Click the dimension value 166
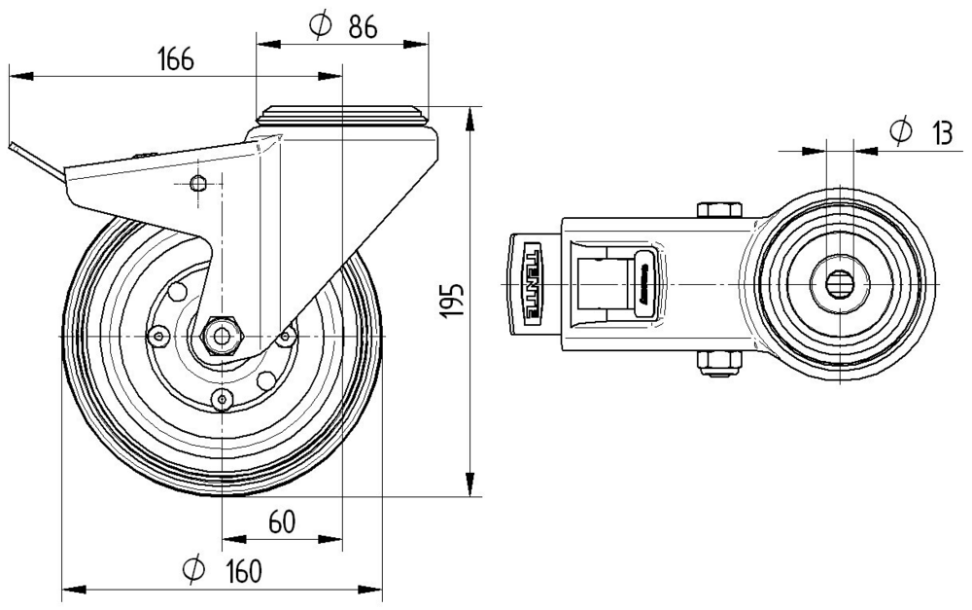(176, 59)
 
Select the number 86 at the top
(362, 27)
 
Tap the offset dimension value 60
(281, 522)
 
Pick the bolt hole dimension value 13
(939, 133)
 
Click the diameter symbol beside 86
(319, 27)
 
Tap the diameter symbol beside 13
(900, 132)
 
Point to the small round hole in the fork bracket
(199, 183)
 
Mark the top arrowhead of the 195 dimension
(470, 116)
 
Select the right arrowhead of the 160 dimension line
(373, 590)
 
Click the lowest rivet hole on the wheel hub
(223, 397)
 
